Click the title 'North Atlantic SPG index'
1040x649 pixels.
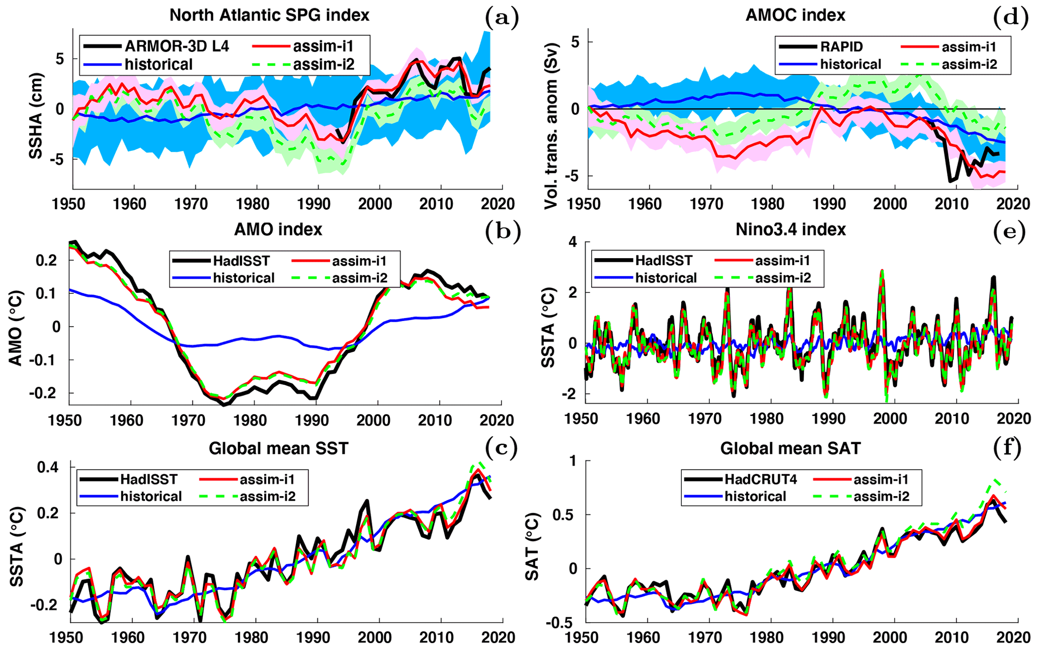coord(269,15)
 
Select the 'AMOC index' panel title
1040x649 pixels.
coord(795,15)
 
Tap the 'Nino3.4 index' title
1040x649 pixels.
coord(790,229)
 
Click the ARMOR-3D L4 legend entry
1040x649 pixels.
coord(177,46)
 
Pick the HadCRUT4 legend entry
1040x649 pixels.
coord(760,479)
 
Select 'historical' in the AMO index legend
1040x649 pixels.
coord(244,278)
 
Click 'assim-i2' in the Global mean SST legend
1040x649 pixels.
coord(267,497)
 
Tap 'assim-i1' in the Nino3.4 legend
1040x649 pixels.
coord(782,260)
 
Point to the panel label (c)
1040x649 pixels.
coord(501,447)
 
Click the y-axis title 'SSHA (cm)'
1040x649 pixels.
coord(36,116)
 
